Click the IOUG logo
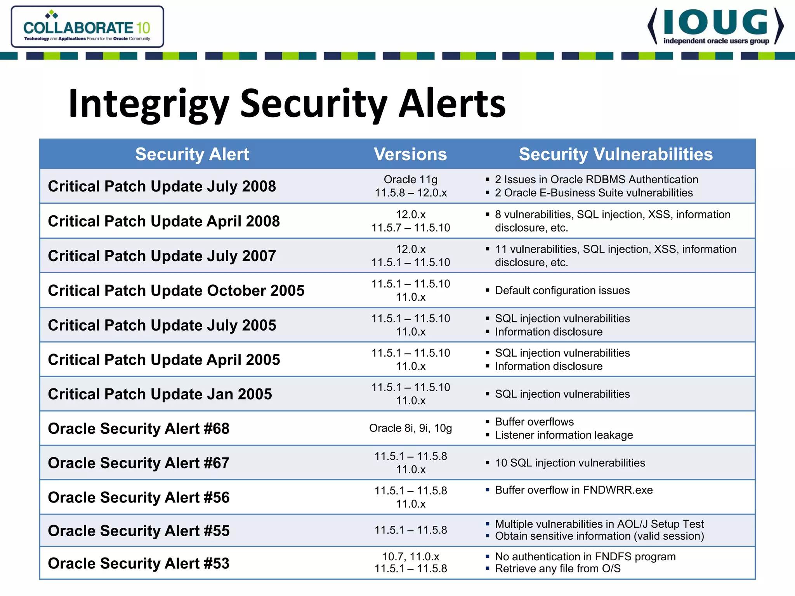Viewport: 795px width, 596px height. click(715, 26)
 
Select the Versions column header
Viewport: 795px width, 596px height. click(410, 154)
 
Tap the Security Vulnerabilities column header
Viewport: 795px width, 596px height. click(616, 154)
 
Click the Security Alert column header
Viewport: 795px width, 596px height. click(192, 154)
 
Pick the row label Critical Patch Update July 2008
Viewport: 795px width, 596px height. click(162, 186)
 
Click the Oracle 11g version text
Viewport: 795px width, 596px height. click(410, 180)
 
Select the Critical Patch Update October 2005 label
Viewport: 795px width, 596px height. click(176, 290)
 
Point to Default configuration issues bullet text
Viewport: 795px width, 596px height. click(562, 290)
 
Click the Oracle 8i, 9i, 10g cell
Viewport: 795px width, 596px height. click(410, 428)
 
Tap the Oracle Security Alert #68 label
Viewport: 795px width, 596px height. click(139, 428)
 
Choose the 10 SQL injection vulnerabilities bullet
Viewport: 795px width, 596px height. click(570, 463)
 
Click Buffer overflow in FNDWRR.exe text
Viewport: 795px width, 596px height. click(574, 490)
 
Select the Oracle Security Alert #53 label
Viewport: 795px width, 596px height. click(139, 563)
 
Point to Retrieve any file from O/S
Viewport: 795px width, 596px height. click(557, 569)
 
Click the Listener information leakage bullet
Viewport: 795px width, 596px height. click(564, 435)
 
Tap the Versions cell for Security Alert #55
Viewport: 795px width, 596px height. click(410, 530)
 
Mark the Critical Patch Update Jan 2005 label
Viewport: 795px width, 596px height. click(160, 394)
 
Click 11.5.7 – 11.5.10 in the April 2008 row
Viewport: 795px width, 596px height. click(410, 228)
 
